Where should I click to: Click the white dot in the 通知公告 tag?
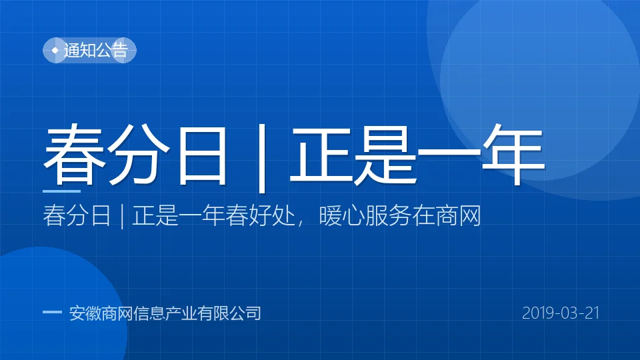tap(55, 50)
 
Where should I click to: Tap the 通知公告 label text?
tap(96, 50)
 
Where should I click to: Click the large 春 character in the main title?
tap(75, 154)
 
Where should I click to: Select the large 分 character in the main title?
tap(137, 154)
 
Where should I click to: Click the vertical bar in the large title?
tap(263, 158)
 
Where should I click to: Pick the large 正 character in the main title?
tap(321, 154)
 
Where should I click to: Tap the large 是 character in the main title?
tap(385, 154)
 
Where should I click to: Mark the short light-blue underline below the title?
tap(61, 191)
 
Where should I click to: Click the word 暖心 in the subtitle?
tap(341, 215)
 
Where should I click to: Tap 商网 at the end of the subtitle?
tap(458, 215)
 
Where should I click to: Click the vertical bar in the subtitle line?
tap(122, 216)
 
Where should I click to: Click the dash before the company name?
tap(52, 312)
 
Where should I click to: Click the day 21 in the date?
tap(592, 313)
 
